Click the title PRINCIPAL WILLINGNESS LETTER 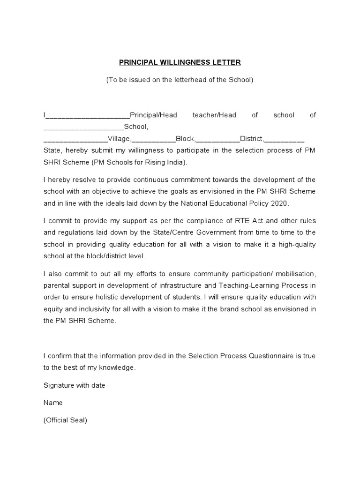[x=180, y=62]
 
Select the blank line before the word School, [x=83, y=127]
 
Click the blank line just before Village [x=75, y=139]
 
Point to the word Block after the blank [x=185, y=139]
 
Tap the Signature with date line [x=75, y=385]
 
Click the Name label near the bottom [x=53, y=403]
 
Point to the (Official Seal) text [x=65, y=420]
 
